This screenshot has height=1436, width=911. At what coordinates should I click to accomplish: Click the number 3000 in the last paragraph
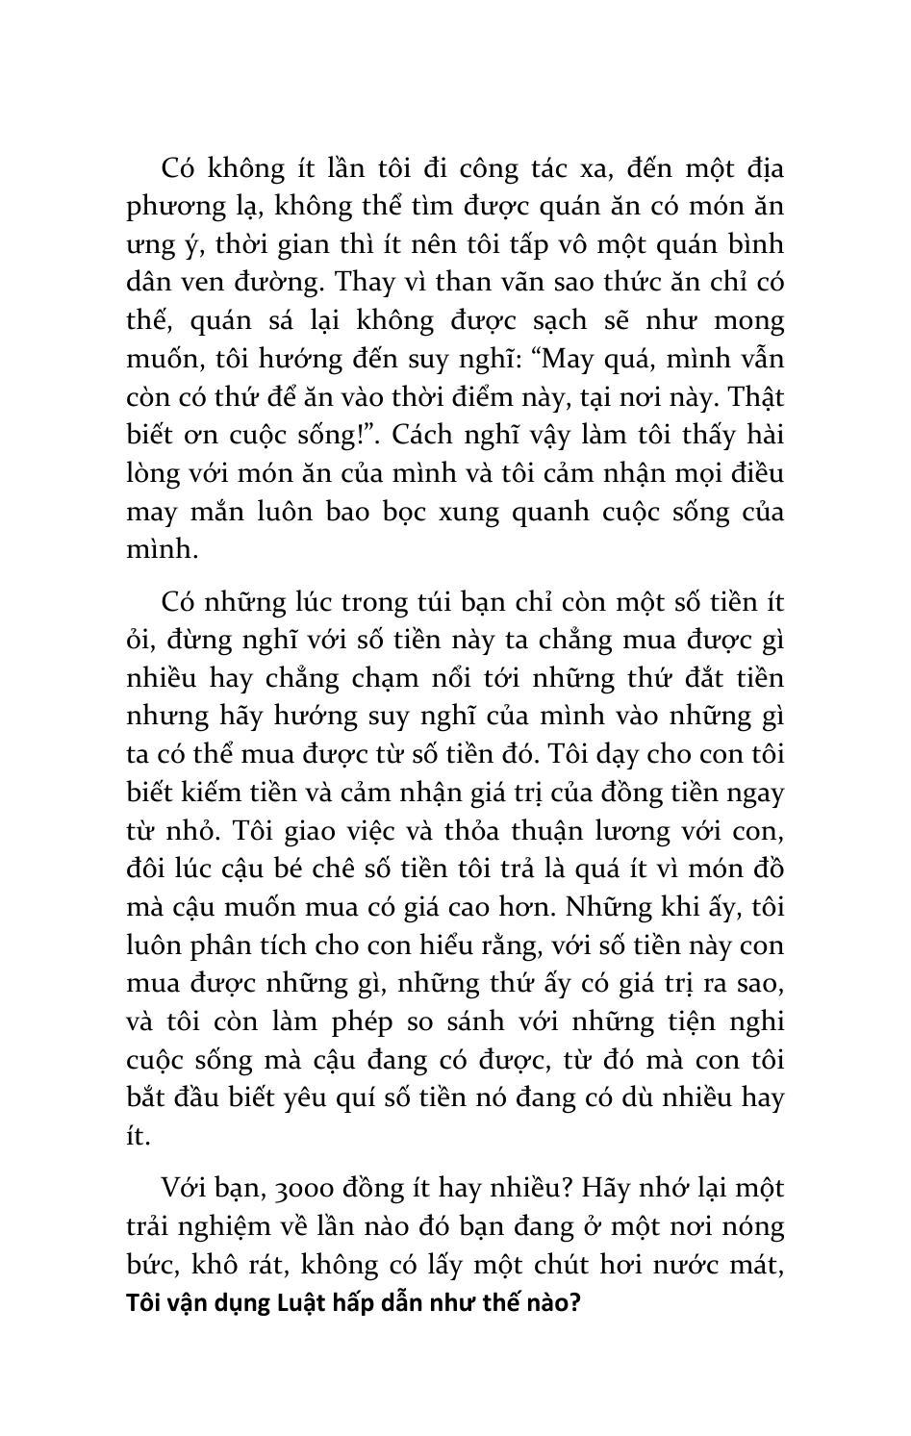pyautogui.click(x=305, y=1189)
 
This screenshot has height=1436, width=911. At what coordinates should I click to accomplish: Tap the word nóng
pyautogui.click(x=752, y=1227)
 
